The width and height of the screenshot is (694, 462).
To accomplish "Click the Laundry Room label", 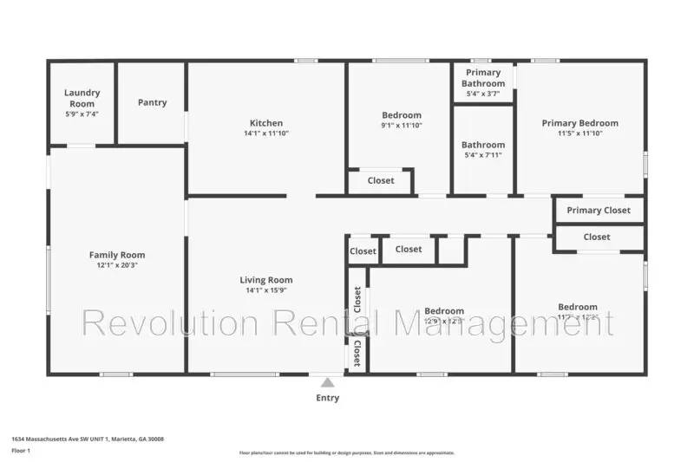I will [x=82, y=98].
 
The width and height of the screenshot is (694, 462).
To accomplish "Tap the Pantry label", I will [x=152, y=102].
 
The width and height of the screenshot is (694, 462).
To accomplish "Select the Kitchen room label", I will [x=266, y=123].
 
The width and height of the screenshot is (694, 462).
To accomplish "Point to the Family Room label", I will [x=117, y=255].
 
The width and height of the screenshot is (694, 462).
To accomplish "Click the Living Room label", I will [x=266, y=280].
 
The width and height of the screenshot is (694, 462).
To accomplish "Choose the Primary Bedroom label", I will [x=580, y=123].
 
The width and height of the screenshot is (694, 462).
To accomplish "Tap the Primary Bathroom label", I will [x=483, y=77].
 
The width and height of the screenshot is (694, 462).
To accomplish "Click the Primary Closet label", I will [x=599, y=211].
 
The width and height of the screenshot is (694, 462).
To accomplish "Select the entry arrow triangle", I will [x=326, y=381].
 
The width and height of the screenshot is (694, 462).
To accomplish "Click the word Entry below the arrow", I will [x=327, y=399].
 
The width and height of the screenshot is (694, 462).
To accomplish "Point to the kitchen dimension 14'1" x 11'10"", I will [x=266, y=133].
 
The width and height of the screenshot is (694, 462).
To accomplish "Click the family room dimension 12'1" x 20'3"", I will [x=117, y=265].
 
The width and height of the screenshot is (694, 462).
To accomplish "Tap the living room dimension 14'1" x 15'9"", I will [x=266, y=290].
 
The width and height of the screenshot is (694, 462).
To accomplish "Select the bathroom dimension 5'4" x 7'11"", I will [x=483, y=155].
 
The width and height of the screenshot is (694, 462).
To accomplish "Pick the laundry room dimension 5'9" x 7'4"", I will [x=82, y=114].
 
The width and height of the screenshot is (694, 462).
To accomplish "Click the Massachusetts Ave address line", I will [x=87, y=439].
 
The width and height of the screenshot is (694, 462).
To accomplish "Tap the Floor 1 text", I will [x=21, y=451].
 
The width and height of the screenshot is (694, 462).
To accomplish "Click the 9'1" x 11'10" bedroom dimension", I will [x=402, y=126].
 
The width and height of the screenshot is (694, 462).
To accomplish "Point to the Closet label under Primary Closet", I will [x=597, y=237].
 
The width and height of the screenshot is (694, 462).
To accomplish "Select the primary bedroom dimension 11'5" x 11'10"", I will [x=580, y=133].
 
